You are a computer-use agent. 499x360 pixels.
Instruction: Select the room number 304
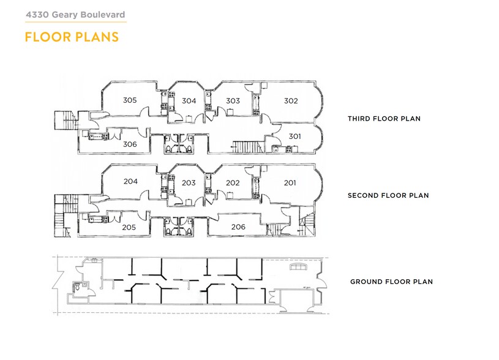coord(189,101)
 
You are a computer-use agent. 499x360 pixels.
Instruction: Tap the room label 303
coord(233,101)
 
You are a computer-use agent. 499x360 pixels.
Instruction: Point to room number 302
coord(291,100)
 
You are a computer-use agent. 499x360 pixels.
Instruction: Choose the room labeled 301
coord(295,137)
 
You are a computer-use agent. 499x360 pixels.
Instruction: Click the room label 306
coord(129,144)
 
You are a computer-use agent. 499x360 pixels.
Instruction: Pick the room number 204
coord(130,181)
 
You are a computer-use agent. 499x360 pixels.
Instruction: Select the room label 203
coord(189,183)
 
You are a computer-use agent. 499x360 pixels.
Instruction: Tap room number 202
coord(233,182)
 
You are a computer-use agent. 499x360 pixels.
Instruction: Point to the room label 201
coord(290,182)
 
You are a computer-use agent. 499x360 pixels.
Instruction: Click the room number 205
coord(129,227)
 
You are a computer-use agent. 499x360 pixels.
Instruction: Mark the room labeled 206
coord(238,227)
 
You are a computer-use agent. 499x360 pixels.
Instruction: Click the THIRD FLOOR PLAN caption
coord(384,119)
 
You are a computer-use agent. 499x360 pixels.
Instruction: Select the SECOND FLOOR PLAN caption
coord(388,196)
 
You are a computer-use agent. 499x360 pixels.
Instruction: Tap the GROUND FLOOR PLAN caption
coord(391,282)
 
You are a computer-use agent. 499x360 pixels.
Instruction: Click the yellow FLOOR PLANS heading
coord(71,37)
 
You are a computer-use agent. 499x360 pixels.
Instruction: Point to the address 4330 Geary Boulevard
coord(75,13)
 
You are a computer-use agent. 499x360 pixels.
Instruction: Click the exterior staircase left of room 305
coord(64,119)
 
